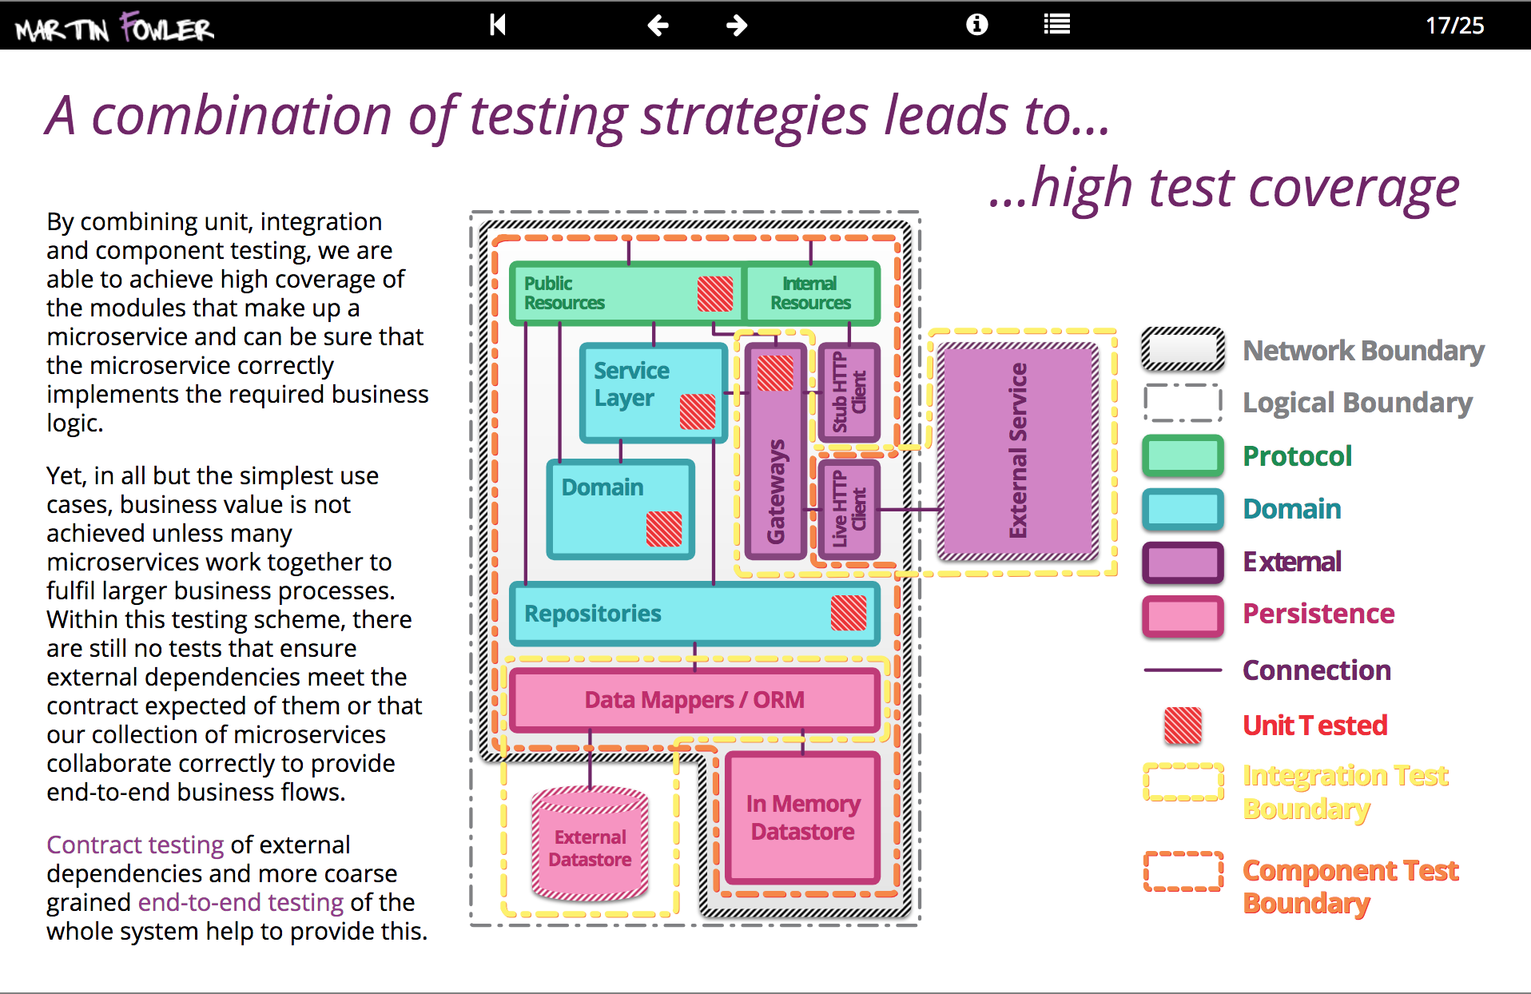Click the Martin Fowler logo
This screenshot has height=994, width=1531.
coord(114,27)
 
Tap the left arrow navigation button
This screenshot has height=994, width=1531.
coord(658,26)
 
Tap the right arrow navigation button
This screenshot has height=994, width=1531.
coord(736,26)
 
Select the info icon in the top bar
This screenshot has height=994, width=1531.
coord(976,25)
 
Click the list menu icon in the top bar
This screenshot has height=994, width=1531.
coord(1056,25)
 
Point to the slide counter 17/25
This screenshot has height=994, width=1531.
coord(1454,26)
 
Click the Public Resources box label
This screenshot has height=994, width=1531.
coord(564,293)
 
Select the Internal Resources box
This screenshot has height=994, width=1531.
coord(810,293)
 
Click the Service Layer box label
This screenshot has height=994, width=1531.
coord(631,384)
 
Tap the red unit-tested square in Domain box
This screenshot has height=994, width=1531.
coord(663,529)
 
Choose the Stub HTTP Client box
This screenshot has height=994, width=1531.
coord(849,392)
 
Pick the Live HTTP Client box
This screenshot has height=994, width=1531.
coord(849,509)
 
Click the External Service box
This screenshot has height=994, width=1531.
coord(1017,451)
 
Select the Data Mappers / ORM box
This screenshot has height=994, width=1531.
coord(694,700)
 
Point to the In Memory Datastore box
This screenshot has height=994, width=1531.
coord(803,817)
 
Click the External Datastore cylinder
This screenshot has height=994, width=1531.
coord(590,847)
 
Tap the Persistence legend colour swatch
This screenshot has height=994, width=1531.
coord(1183,615)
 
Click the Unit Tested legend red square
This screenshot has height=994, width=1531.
coord(1183,726)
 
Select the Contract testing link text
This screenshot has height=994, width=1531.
coord(135,845)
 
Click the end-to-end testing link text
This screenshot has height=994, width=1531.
coord(241,902)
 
